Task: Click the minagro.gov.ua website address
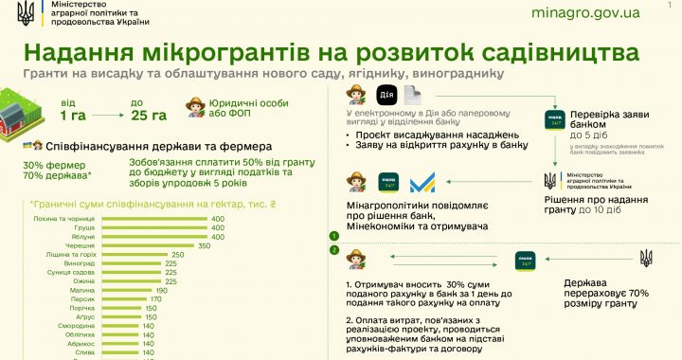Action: [x=586, y=14]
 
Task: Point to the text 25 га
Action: [x=150, y=116]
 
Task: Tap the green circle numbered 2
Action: [x=333, y=250]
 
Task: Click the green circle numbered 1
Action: [x=333, y=236]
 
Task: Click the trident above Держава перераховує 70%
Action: [x=646, y=258]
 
